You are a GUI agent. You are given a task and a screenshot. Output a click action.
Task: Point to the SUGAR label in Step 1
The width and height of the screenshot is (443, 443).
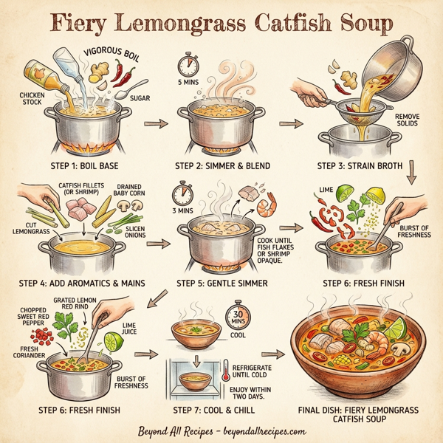point(140,97)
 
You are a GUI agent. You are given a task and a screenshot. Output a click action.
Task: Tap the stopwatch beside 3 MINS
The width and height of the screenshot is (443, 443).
point(182,194)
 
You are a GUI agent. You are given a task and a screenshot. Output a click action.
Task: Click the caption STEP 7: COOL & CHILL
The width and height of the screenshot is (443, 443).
point(214,408)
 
